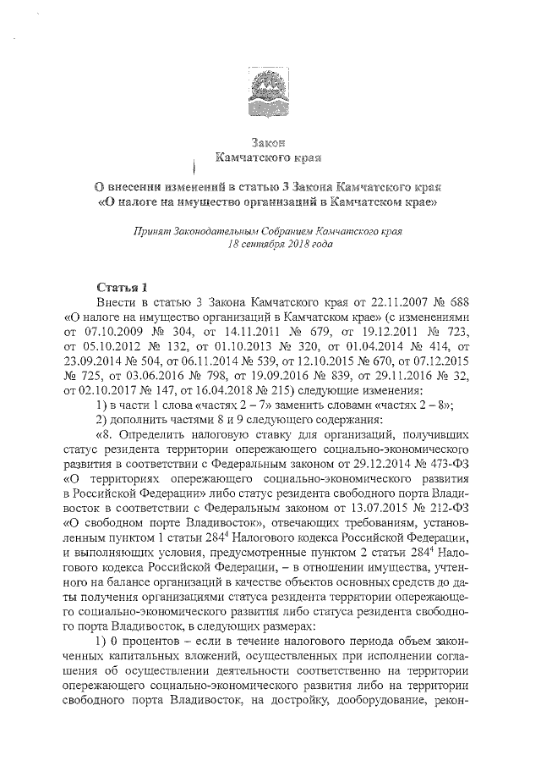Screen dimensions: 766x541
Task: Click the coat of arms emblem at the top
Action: [269, 92]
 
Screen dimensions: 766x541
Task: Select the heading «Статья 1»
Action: [123, 287]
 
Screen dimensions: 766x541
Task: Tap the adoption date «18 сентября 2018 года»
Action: [270, 244]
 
